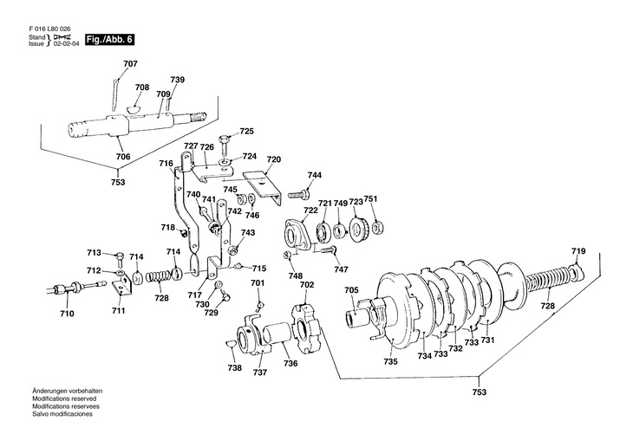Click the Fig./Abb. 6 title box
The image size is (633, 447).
[x=109, y=40]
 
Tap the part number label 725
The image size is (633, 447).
[x=246, y=131]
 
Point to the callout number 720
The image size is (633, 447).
[x=274, y=159]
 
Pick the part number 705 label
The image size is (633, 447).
[x=352, y=290]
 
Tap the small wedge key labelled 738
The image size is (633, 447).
[x=231, y=343]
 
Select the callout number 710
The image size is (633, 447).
[x=67, y=314]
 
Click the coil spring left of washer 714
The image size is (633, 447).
[x=158, y=277]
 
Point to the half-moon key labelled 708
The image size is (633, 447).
[x=134, y=108]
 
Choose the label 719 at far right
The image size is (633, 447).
[x=578, y=251]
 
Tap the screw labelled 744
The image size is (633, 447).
[x=298, y=195]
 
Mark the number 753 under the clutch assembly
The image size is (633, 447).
[x=480, y=392]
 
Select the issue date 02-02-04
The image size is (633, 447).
[x=67, y=43]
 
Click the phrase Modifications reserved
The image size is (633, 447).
[x=64, y=398]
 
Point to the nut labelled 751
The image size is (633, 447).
[x=376, y=229]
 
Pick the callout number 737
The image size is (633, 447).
[x=260, y=372]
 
